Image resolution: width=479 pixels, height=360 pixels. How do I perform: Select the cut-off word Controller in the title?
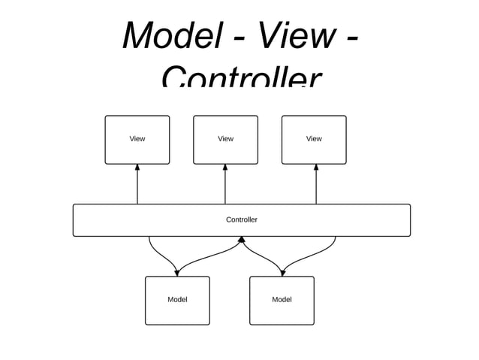(x=240, y=77)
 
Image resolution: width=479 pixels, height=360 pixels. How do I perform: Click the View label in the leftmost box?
(x=137, y=138)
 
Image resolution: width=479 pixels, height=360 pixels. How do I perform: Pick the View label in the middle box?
(x=225, y=138)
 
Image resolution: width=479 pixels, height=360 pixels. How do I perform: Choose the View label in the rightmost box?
(x=314, y=138)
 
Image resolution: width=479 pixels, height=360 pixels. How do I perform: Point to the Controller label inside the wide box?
(x=242, y=219)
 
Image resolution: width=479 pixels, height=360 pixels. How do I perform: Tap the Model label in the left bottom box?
(x=177, y=299)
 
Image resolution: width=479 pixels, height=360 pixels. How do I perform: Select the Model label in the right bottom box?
(x=282, y=299)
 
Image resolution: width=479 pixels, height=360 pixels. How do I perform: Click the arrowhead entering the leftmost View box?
(x=137, y=168)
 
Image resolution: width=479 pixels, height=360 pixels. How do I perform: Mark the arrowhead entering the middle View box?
(x=225, y=168)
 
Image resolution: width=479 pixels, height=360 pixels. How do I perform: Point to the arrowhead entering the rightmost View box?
(x=316, y=168)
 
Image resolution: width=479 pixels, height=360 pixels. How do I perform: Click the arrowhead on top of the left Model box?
(x=177, y=272)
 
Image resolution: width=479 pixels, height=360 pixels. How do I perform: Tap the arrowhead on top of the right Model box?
(x=282, y=272)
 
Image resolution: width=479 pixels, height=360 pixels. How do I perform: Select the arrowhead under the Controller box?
(x=242, y=241)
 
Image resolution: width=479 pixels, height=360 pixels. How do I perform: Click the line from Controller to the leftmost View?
(x=137, y=188)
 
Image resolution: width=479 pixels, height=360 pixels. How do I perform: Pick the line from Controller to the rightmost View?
(x=316, y=188)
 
